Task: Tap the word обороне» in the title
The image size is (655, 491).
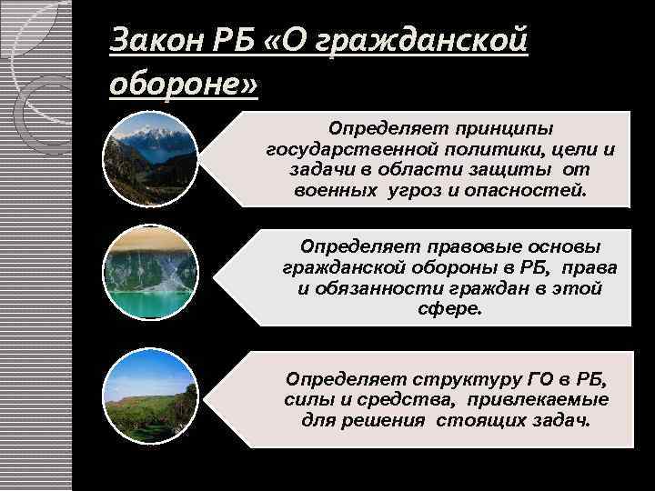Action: point(183,85)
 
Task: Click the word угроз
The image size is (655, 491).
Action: point(414,192)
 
